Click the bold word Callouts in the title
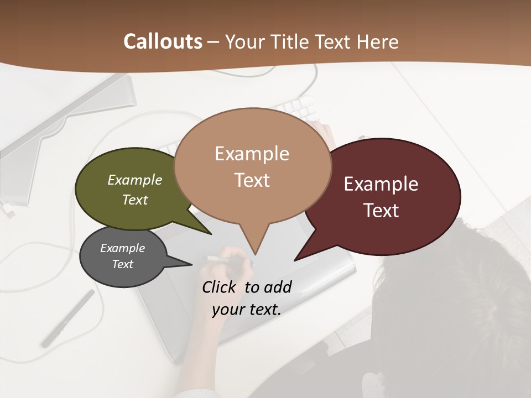click(x=163, y=41)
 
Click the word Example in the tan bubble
click(x=252, y=154)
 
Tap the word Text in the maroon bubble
click(x=382, y=211)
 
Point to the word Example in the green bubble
click(x=135, y=180)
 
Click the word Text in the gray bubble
click(x=123, y=264)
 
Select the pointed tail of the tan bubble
click(x=254, y=249)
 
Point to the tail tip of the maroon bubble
click(x=297, y=258)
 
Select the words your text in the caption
click(x=247, y=310)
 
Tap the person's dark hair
click(x=454, y=298)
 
